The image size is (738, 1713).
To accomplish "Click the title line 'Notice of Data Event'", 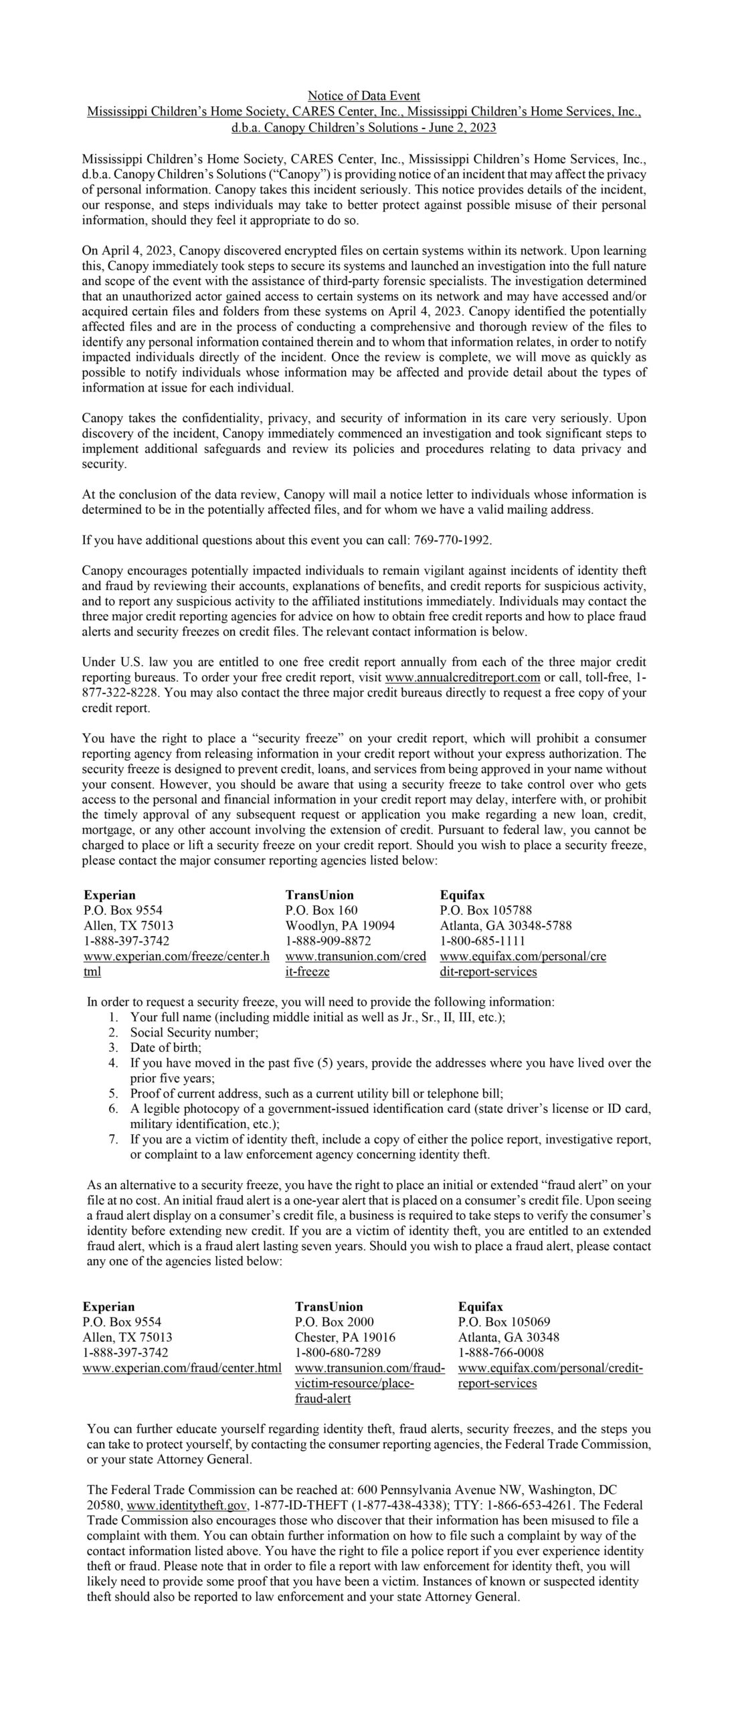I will click(x=364, y=96).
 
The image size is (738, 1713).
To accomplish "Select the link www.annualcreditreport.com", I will click(x=462, y=677).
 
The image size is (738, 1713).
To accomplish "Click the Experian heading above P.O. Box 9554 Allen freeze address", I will click(x=110, y=895).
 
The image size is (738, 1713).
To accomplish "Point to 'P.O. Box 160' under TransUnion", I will click(x=321, y=910).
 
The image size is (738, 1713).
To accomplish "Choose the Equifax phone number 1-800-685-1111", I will click(x=482, y=941).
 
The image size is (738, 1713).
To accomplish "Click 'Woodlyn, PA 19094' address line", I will click(x=340, y=925).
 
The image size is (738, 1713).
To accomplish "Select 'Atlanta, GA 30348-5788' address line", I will click(x=506, y=925).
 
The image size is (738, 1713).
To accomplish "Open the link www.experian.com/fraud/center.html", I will click(x=182, y=1368).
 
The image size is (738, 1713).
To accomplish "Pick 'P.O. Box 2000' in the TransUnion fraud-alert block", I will click(x=335, y=1322).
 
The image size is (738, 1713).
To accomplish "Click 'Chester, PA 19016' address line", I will click(x=345, y=1337).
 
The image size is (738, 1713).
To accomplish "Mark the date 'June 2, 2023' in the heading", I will click(x=462, y=127).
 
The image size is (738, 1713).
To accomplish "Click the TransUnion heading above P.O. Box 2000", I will click(x=329, y=1306).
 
